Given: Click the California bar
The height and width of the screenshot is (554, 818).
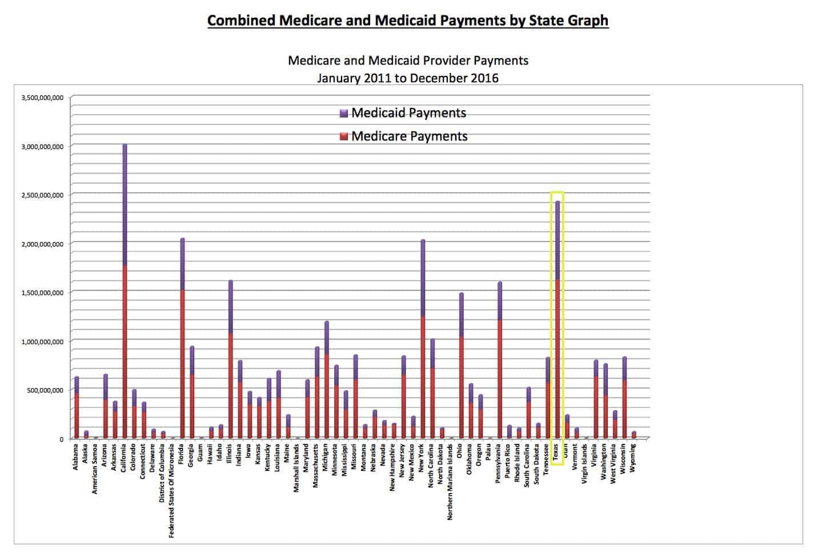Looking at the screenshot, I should tap(125, 291).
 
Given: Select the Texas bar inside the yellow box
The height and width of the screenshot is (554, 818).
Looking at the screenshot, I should tap(557, 320).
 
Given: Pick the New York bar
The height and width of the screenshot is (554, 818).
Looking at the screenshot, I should tap(423, 339).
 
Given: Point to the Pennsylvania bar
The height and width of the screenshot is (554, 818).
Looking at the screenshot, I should tap(499, 360).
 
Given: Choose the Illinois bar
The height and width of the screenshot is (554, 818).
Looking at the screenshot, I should tap(230, 359).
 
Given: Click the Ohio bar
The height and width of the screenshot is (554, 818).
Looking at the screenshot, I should tap(461, 365).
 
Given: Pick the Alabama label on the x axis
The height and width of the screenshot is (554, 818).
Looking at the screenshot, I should tap(76, 457).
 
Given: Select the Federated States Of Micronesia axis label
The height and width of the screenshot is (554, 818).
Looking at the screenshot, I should tap(172, 491).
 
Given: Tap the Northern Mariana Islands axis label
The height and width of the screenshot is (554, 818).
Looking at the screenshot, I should tap(451, 482).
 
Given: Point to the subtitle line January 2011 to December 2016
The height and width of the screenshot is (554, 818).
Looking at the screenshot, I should tap(408, 78).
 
